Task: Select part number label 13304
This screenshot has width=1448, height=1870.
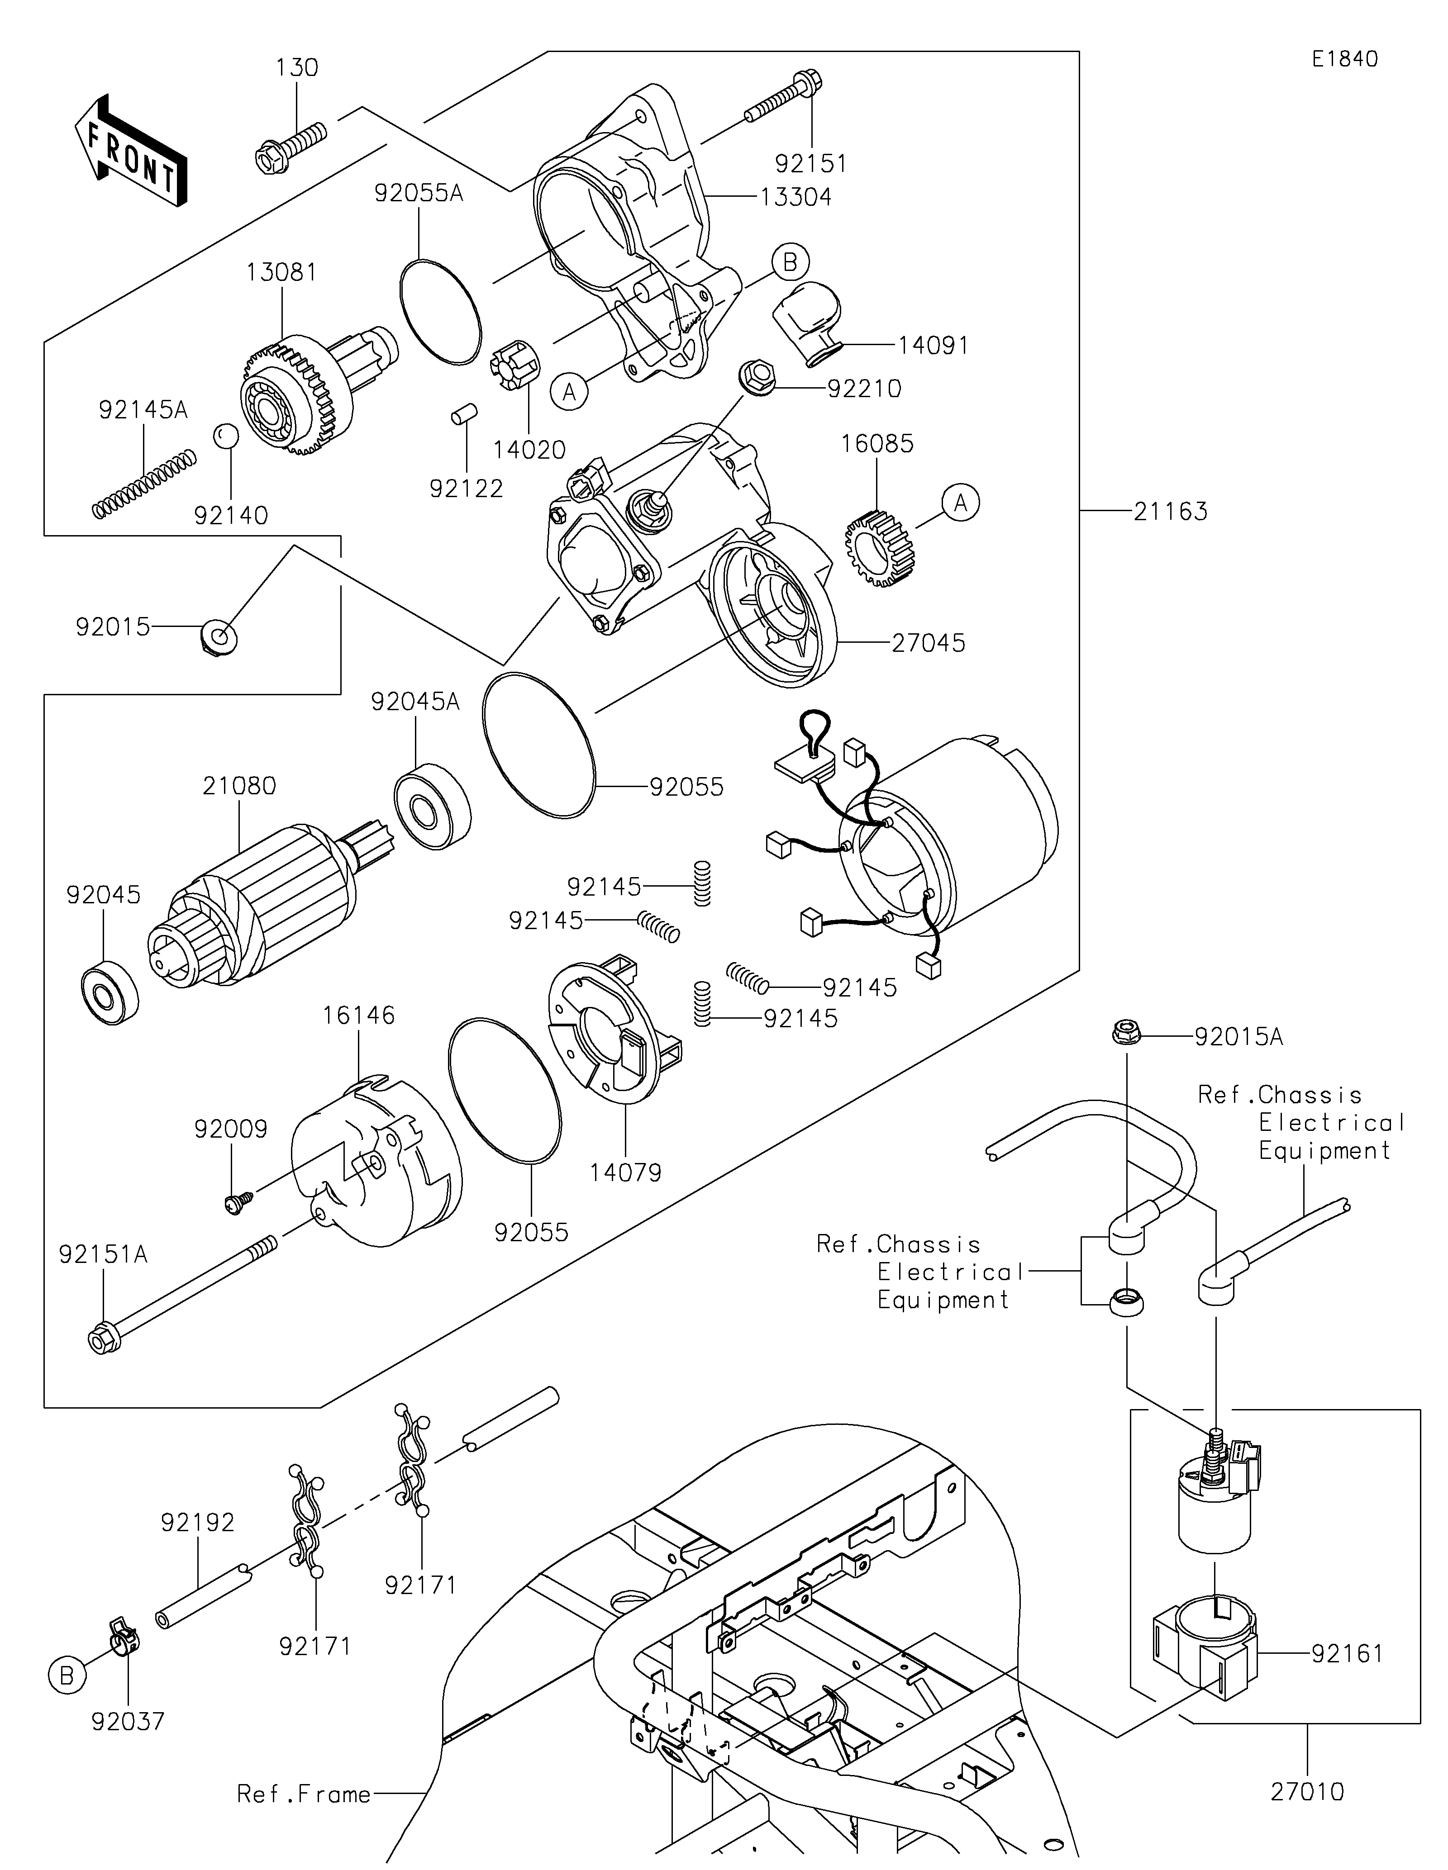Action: [x=795, y=197]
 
